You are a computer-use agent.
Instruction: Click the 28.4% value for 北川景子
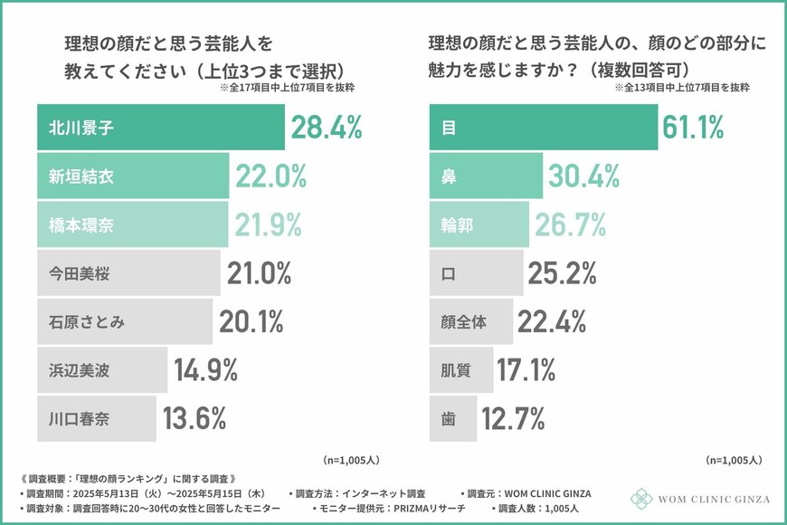tap(326, 128)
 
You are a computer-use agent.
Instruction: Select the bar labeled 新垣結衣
tap(133, 176)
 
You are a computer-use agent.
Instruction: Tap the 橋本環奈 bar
tap(132, 224)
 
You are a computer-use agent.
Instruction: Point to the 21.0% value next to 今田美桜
tap(259, 272)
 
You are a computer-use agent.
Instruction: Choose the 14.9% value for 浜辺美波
tap(205, 369)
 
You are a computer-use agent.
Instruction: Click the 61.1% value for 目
tap(694, 128)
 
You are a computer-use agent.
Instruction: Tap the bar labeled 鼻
tap(485, 176)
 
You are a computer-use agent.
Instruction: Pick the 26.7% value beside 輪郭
tap(565, 224)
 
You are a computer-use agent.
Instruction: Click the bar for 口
tap(475, 272)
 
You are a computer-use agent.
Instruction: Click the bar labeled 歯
tap(451, 417)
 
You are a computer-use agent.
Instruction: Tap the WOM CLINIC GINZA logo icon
tap(641, 499)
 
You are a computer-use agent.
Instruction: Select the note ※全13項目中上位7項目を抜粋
tap(682, 89)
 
